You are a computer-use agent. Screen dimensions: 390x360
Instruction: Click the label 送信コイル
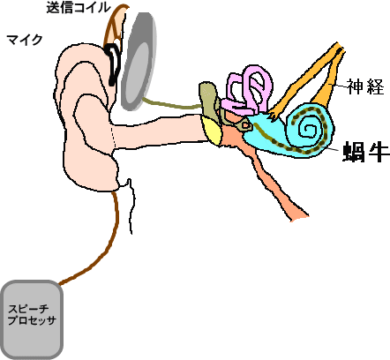tap(79, 7)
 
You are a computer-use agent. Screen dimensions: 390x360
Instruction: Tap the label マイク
tap(25, 40)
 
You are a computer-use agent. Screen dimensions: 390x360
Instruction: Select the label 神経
tap(365, 86)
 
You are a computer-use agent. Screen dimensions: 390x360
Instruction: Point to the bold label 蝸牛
tap(366, 152)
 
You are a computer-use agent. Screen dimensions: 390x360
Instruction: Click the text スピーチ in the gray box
tap(28, 309)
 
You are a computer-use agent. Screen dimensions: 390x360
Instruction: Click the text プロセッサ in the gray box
tap(32, 320)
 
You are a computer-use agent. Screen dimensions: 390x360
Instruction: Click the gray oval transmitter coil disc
tap(139, 61)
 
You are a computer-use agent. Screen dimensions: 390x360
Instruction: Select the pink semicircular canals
tap(247, 90)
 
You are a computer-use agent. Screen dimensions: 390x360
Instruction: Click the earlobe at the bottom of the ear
tap(94, 174)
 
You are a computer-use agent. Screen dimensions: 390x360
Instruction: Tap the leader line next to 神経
tap(338, 86)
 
